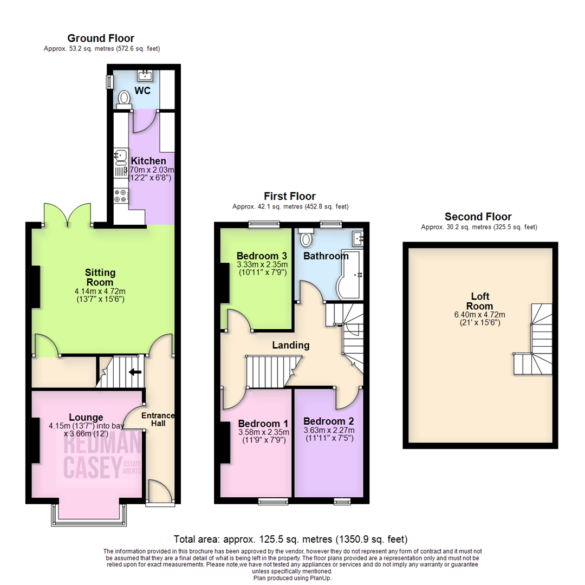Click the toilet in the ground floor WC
tap(125, 98)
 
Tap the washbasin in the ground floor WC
tap(144, 75)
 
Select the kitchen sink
tap(120, 157)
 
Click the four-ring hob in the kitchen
tap(120, 196)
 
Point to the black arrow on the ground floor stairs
tap(134, 372)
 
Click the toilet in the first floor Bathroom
tap(307, 239)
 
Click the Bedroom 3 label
tap(261, 256)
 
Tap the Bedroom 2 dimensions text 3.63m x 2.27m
tap(328, 431)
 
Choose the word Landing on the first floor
tap(290, 345)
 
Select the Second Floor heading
tap(477, 217)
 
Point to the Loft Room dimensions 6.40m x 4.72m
tap(480, 315)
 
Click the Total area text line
tap(290, 539)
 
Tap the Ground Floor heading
tap(101, 38)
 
